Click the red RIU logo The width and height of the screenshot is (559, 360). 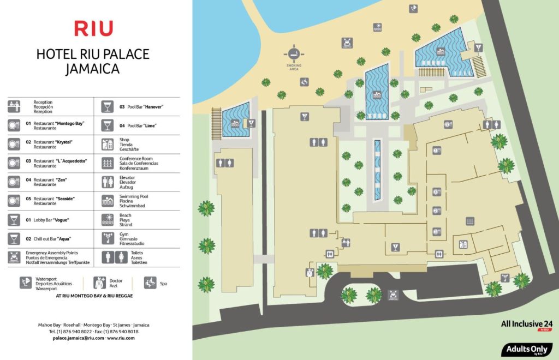coord(93,28)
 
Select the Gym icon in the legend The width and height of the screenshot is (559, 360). coord(108,238)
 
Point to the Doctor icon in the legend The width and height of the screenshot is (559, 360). coord(99,283)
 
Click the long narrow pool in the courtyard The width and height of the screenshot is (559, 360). coord(377,169)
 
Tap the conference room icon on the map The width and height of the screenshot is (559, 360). coord(469,221)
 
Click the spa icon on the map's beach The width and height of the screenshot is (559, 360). coord(304,82)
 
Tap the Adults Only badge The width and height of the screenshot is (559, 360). coord(527,349)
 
